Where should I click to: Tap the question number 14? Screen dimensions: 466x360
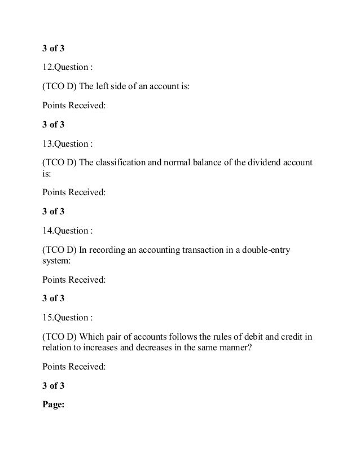click(x=47, y=231)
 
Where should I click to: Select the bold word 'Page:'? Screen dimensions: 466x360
click(x=55, y=403)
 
